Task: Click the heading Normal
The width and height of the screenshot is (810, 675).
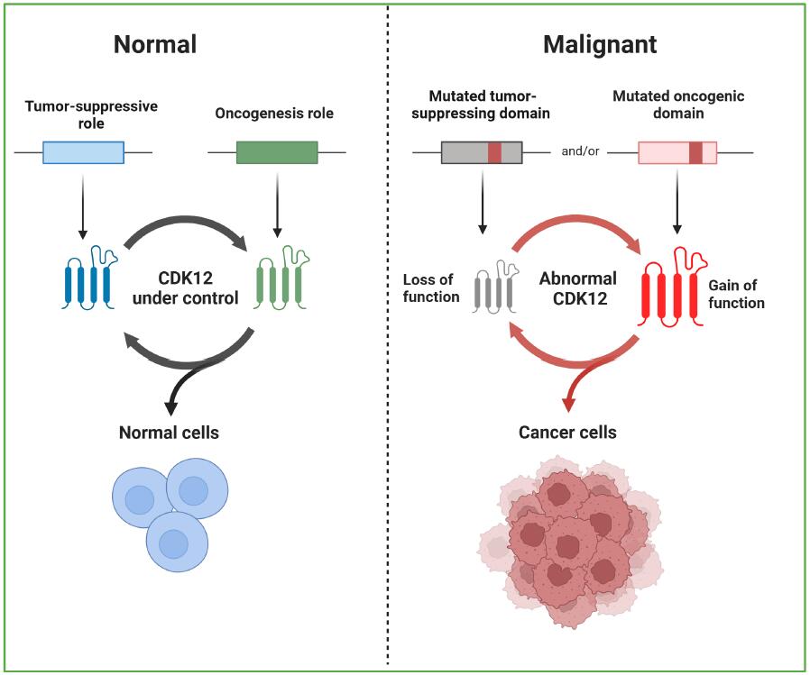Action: pos(155,44)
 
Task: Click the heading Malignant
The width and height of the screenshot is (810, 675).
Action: pos(600,45)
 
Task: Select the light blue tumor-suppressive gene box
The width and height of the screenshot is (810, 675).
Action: pos(83,152)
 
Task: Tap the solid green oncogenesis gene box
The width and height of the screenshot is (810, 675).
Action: pos(277,152)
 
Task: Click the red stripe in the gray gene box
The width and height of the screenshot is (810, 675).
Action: pos(495,152)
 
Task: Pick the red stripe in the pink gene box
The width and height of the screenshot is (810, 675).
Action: pos(695,152)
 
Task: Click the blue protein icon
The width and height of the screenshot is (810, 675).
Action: pos(89,278)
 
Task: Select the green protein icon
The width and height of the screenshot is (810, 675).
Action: pos(282,278)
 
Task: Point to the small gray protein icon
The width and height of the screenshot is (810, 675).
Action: pos(495,287)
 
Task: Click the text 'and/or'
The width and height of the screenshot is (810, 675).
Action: pos(580,151)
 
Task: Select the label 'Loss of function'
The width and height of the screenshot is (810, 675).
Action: pos(431,288)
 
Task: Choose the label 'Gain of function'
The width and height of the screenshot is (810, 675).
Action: pos(736,294)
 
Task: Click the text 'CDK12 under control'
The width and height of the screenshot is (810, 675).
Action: pos(186,288)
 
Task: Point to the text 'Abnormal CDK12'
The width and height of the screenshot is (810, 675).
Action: pos(578,288)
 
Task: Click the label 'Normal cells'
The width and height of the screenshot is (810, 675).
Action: pos(169,433)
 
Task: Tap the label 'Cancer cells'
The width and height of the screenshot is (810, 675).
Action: pos(567,433)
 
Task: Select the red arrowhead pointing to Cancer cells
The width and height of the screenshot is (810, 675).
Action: pos(568,406)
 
